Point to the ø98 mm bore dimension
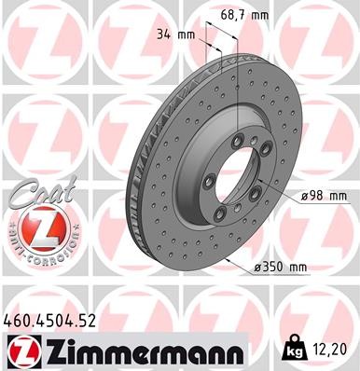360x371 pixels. (x=325, y=196)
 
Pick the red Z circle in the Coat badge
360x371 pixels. (x=35, y=227)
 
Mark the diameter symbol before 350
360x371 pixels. (x=257, y=268)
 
